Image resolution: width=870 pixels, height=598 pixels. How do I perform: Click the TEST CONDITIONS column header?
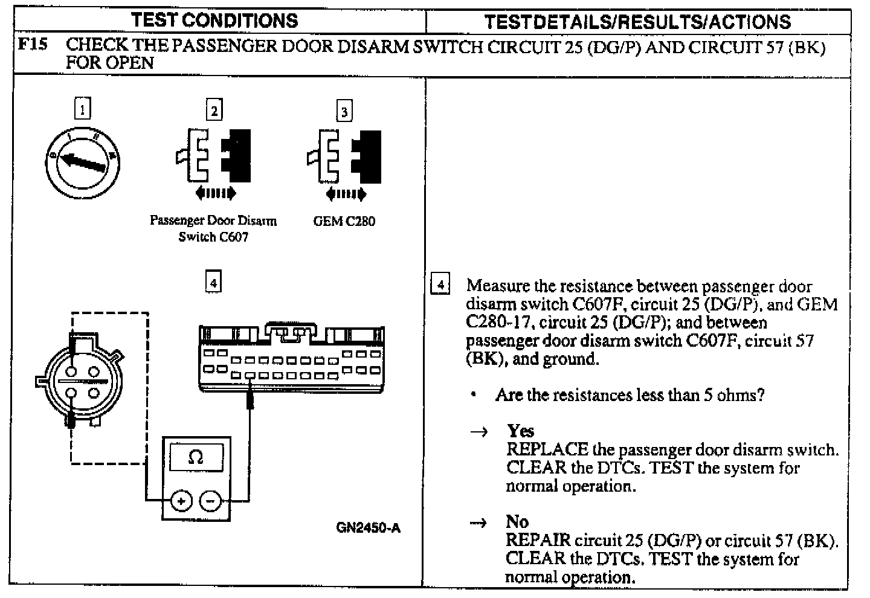pyautogui.click(x=215, y=21)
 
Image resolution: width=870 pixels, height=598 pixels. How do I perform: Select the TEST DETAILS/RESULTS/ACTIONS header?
pyautogui.click(x=637, y=22)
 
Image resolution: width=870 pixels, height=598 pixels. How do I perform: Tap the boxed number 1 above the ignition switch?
pyautogui.click(x=82, y=109)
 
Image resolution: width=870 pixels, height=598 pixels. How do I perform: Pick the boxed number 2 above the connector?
pyautogui.click(x=214, y=110)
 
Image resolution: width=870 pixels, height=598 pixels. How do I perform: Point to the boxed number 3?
pyautogui.click(x=344, y=112)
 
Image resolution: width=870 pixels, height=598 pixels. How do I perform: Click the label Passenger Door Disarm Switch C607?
pyautogui.click(x=213, y=228)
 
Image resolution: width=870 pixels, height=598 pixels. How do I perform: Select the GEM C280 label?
pyautogui.click(x=344, y=221)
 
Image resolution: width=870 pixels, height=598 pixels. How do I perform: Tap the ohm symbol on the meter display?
pyautogui.click(x=196, y=457)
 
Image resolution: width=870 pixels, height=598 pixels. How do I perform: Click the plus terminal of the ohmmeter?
pyautogui.click(x=181, y=501)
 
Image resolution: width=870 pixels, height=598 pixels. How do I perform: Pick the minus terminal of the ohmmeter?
pyautogui.click(x=210, y=501)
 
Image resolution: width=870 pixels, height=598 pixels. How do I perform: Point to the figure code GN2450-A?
pyautogui.click(x=368, y=528)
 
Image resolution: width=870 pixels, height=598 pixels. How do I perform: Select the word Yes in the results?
pyautogui.click(x=520, y=431)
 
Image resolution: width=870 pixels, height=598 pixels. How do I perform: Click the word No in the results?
pyautogui.click(x=517, y=521)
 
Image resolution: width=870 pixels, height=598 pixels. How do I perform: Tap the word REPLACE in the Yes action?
pyautogui.click(x=547, y=449)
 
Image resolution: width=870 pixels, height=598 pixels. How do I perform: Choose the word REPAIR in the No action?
pyautogui.click(x=538, y=540)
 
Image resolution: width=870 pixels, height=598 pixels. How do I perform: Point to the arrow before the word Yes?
pyautogui.click(x=480, y=432)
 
